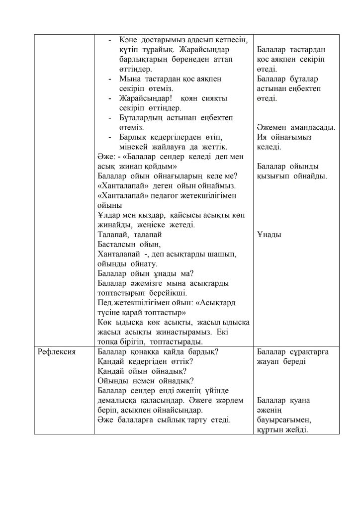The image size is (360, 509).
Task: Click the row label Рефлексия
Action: tap(57, 352)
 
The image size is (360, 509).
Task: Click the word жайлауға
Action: tap(181, 147)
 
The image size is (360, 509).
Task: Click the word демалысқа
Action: tap(118, 401)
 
